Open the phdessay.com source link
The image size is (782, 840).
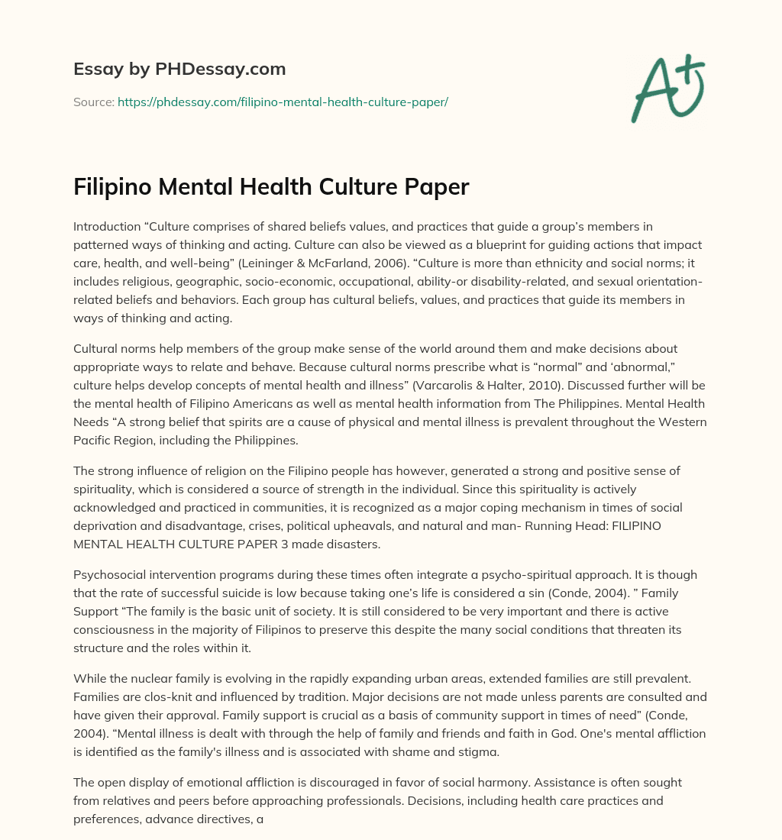click(283, 102)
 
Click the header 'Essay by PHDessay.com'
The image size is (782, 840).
click(179, 69)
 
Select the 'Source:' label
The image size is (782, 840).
click(94, 102)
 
